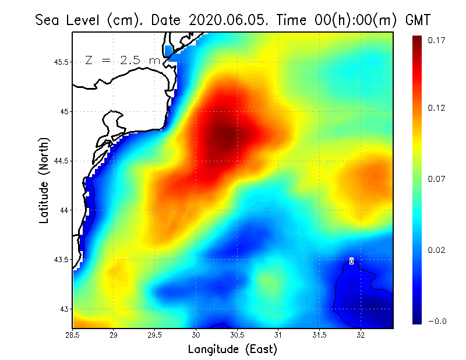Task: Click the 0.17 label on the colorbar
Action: [x=437, y=40]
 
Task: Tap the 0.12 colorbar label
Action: [x=437, y=108]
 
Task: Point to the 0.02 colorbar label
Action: [x=437, y=250]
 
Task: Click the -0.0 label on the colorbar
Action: [x=437, y=321]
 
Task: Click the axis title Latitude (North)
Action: [x=44, y=179]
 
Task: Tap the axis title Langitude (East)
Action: [x=232, y=349]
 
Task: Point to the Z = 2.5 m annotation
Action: [x=122, y=60]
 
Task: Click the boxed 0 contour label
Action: [x=351, y=261]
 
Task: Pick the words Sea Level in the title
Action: [x=69, y=20]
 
